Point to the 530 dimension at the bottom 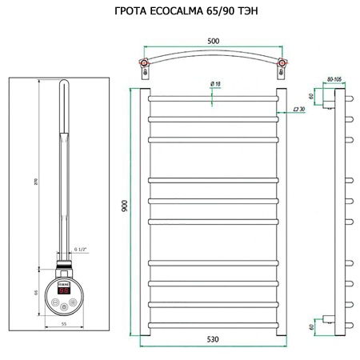click(x=211, y=340)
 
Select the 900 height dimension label click(x=125, y=207)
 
